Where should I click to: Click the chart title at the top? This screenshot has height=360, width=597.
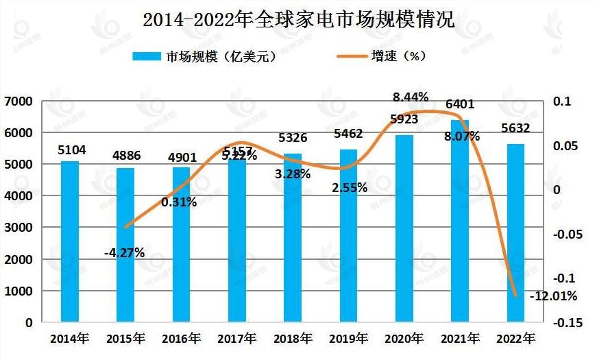point(298,19)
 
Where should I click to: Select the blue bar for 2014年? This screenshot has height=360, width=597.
point(69,241)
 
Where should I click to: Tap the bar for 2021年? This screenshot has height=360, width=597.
point(460,220)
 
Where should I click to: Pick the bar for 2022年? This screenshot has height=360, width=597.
point(515,232)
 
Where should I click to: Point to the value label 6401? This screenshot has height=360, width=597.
point(460,105)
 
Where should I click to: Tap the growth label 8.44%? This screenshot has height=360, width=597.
point(410,97)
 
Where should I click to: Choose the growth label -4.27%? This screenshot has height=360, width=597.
point(124,252)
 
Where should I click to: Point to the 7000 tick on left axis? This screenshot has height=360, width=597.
point(19,101)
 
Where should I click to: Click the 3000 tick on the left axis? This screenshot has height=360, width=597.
point(19,228)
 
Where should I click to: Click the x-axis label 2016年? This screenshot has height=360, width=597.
point(181,338)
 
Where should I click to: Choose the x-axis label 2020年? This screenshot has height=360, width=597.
point(404,338)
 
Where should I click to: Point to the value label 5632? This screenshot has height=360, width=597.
point(515,129)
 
